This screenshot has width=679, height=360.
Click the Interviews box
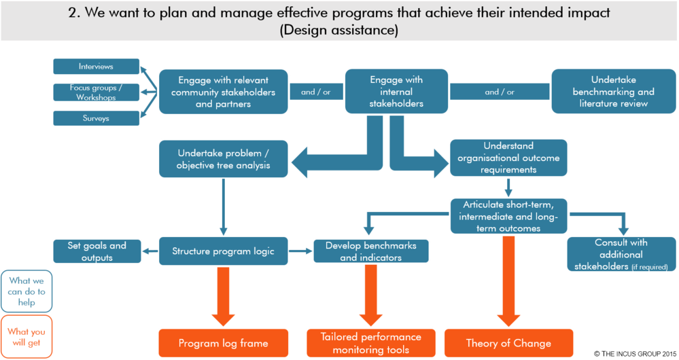[96, 67]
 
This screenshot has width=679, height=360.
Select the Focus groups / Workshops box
[96, 92]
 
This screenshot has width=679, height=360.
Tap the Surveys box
[96, 118]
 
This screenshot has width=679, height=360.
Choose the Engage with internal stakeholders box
[396, 92]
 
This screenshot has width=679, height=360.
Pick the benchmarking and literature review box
[614, 92]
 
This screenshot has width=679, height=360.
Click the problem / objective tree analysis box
[223, 159]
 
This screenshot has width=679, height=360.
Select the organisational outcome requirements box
[508, 158]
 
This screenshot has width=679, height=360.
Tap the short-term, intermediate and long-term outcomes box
[508, 215]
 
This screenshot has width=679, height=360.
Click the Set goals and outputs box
[97, 251]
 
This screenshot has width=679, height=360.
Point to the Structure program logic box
[223, 251]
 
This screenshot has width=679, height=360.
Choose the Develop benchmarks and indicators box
[370, 251]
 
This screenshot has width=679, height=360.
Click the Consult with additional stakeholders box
[621, 254]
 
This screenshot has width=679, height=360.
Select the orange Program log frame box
[223, 343]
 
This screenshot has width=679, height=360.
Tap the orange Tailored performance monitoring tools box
[370, 343]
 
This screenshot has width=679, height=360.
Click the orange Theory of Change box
[508, 343]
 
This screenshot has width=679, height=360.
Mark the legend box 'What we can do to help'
[27, 291]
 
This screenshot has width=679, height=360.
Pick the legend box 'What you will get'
[27, 337]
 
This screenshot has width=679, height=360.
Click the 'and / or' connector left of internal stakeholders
[315, 92]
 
